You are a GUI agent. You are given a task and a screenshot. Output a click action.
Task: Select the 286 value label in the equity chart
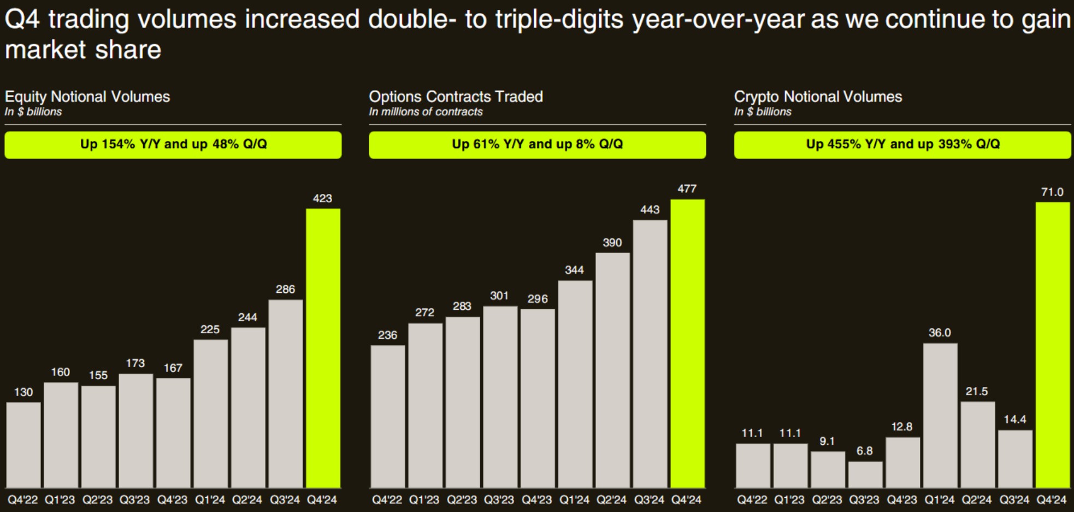click(285, 289)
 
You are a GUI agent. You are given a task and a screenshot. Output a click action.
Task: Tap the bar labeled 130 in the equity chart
click(23, 445)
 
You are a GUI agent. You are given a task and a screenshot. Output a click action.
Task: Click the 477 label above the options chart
click(687, 189)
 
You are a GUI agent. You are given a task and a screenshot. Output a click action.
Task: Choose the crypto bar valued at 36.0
click(940, 415)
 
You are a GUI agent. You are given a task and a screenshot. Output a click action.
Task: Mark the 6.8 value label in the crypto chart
click(864, 451)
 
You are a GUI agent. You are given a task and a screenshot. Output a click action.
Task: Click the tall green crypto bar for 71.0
click(1052, 344)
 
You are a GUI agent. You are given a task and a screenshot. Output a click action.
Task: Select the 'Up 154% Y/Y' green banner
click(173, 144)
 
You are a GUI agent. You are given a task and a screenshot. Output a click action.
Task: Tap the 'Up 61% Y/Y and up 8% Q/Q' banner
click(537, 144)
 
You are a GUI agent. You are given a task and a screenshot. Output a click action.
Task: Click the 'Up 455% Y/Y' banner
click(902, 144)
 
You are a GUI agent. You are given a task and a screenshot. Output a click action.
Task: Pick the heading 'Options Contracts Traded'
click(456, 97)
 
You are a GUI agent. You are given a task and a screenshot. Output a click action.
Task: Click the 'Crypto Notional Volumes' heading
click(818, 97)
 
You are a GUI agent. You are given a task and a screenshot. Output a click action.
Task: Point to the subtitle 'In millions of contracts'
click(426, 112)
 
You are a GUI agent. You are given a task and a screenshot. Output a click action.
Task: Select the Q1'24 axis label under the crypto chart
click(939, 499)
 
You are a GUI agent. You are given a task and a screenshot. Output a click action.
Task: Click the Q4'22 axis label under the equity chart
click(23, 499)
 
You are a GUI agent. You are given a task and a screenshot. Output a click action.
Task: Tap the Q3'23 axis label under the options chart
click(499, 499)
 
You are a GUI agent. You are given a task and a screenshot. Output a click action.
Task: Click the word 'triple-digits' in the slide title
click(559, 20)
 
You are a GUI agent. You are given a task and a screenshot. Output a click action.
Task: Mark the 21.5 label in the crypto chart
click(977, 391)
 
